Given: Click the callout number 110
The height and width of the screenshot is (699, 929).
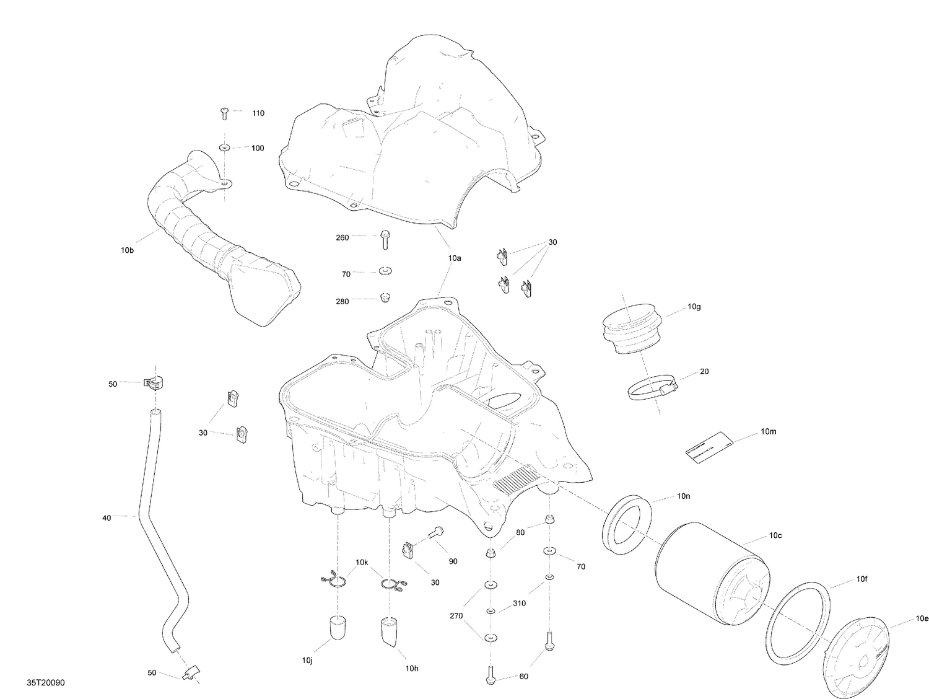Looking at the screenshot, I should point(258,113).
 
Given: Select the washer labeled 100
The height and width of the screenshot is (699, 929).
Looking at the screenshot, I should point(224,147).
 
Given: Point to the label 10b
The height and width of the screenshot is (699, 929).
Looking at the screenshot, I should point(127,250).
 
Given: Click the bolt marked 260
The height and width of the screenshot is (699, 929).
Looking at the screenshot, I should point(385,238).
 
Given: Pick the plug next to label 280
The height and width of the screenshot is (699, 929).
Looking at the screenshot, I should point(385,299).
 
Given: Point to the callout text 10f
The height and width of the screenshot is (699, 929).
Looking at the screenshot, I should point(861,580).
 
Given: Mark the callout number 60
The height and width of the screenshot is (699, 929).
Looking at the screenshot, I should point(523,677).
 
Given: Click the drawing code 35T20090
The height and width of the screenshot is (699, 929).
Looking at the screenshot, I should point(46,683).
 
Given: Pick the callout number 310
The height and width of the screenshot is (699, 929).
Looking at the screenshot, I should point(519,603).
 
